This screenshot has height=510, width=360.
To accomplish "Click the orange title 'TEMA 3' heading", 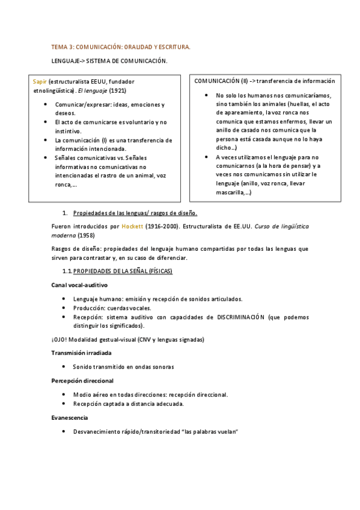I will click(121, 46).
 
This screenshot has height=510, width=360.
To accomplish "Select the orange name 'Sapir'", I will click(40, 81).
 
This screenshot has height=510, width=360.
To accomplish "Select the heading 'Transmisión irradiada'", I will click(81, 352).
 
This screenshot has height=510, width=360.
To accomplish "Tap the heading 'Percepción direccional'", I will click(82, 381).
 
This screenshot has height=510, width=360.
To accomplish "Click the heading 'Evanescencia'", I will click(70, 417).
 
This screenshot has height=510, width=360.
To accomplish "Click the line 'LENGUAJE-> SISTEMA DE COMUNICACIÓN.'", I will click(109, 61).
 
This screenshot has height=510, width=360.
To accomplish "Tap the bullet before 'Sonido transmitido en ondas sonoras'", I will click(64, 366).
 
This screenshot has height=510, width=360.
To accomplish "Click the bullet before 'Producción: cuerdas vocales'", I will click(64, 308).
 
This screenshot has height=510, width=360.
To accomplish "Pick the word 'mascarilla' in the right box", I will click(230, 192).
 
